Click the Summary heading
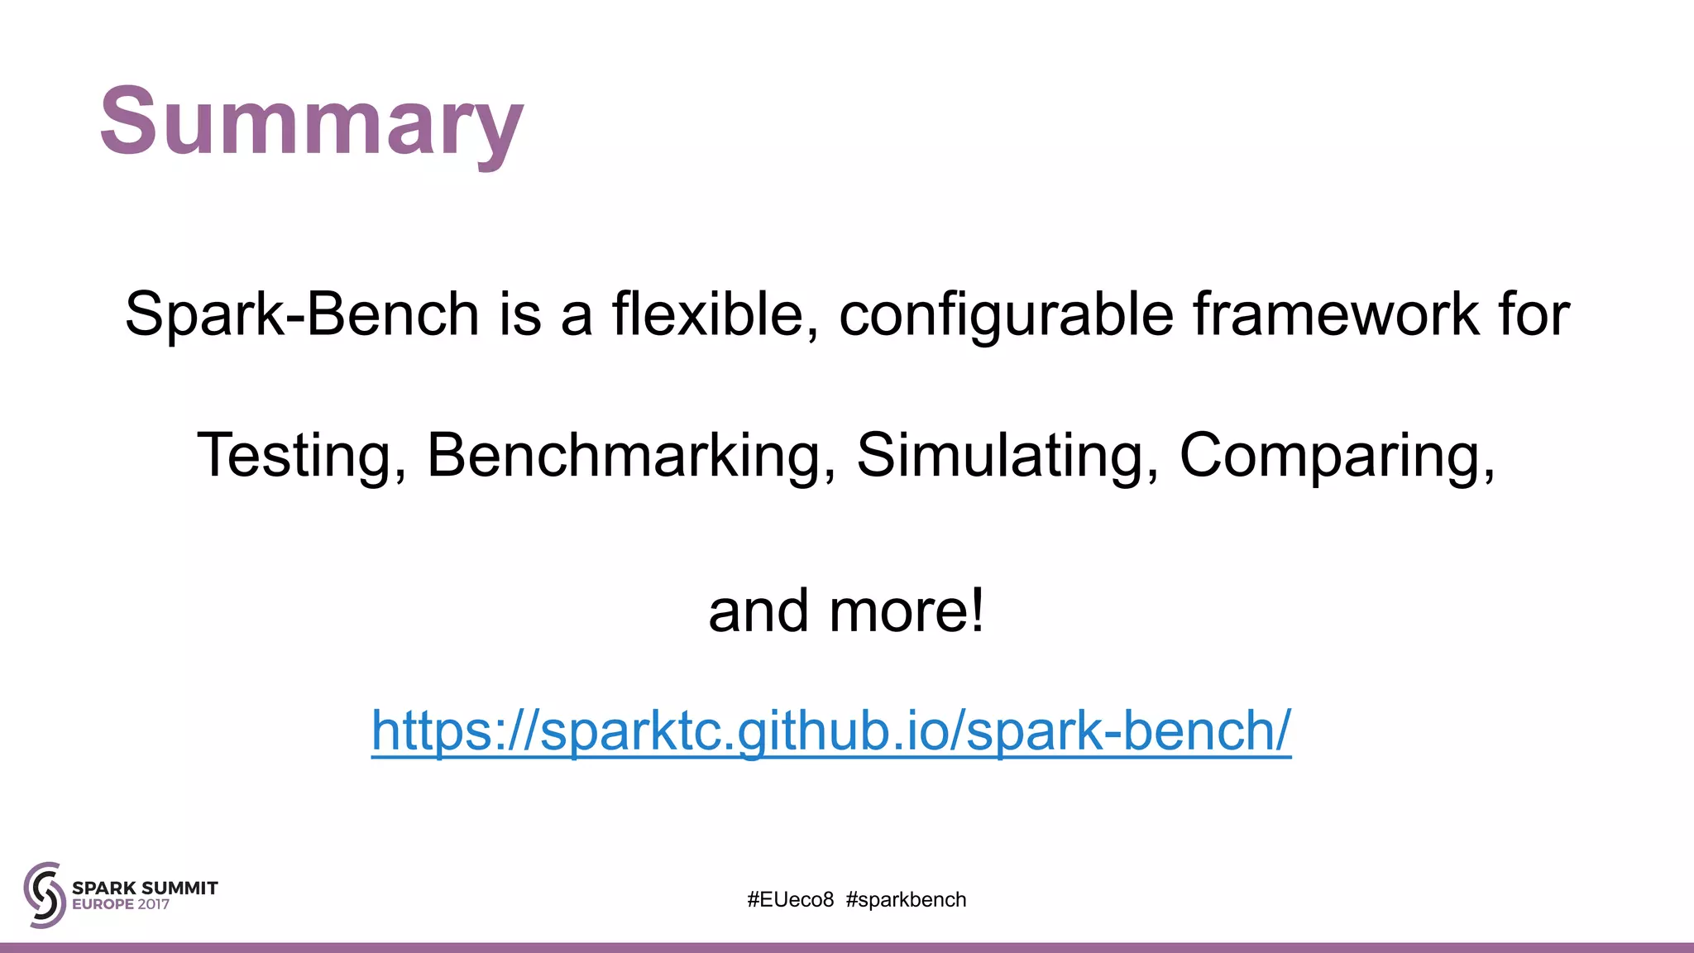(312, 122)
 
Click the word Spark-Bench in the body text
(302, 314)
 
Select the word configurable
(1006, 316)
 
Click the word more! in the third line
(907, 611)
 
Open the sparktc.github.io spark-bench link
(830, 730)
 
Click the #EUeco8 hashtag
(791, 899)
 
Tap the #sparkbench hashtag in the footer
(906, 899)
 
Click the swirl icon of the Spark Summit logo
(45, 894)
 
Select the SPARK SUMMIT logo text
(145, 888)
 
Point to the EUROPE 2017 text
(121, 904)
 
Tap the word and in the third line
(758, 611)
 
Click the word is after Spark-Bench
(519, 314)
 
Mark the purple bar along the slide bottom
(847, 947)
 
